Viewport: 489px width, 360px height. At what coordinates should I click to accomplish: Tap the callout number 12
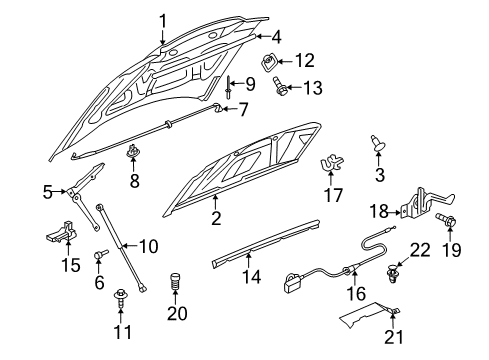tap(305, 61)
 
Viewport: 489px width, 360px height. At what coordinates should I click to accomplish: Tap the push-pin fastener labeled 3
tap(378, 146)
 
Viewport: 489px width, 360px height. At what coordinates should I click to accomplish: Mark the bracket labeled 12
tap(271, 64)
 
